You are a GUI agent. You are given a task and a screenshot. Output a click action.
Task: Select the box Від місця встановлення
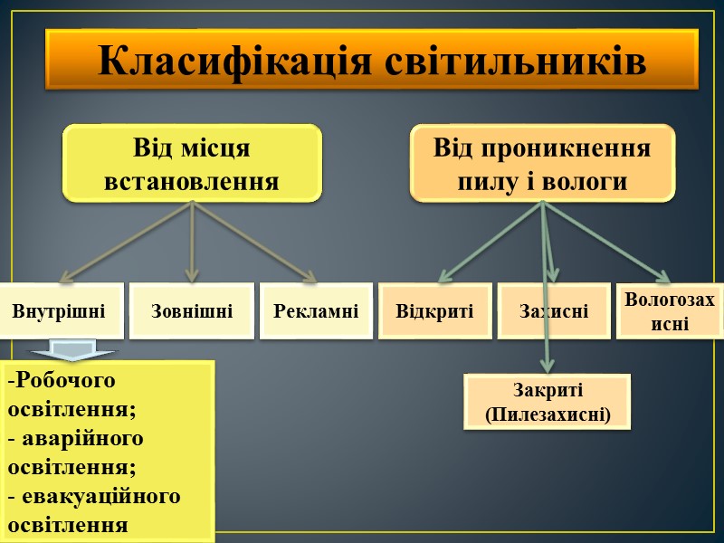[x=192, y=163]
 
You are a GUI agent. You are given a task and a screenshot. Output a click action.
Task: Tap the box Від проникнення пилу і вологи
[x=542, y=163]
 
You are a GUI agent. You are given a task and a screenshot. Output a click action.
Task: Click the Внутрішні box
[x=59, y=311]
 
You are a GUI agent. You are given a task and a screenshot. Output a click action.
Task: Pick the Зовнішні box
[x=192, y=311]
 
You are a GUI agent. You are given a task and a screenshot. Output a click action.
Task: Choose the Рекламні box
[x=316, y=311]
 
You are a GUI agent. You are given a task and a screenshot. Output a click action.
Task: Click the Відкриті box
[x=434, y=311]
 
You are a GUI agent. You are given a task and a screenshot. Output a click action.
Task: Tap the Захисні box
[x=554, y=311]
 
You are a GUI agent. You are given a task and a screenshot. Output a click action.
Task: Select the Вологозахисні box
[x=670, y=311]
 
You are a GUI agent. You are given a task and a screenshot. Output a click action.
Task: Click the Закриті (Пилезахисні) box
[x=548, y=403]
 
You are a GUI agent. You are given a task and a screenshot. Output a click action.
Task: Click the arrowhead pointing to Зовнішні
[x=192, y=274]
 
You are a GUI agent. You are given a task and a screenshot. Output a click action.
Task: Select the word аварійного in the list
[x=81, y=439]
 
